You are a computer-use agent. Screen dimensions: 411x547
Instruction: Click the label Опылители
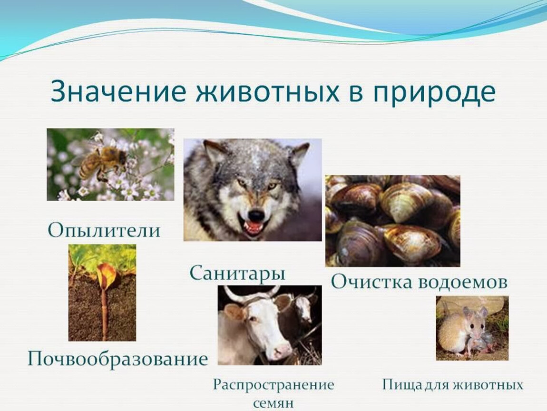pyautogui.click(x=104, y=231)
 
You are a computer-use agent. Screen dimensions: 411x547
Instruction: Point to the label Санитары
pyautogui.click(x=237, y=274)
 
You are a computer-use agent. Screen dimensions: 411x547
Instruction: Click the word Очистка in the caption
pyautogui.click(x=371, y=282)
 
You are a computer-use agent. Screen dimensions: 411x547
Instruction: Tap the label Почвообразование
pyautogui.click(x=117, y=358)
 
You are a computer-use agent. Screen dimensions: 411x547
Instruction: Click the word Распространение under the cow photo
pyautogui.click(x=273, y=385)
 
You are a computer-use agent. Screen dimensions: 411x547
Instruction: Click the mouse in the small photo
pyautogui.click(x=464, y=331)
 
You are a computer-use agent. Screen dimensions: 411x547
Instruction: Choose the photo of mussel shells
pyautogui.click(x=392, y=221)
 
